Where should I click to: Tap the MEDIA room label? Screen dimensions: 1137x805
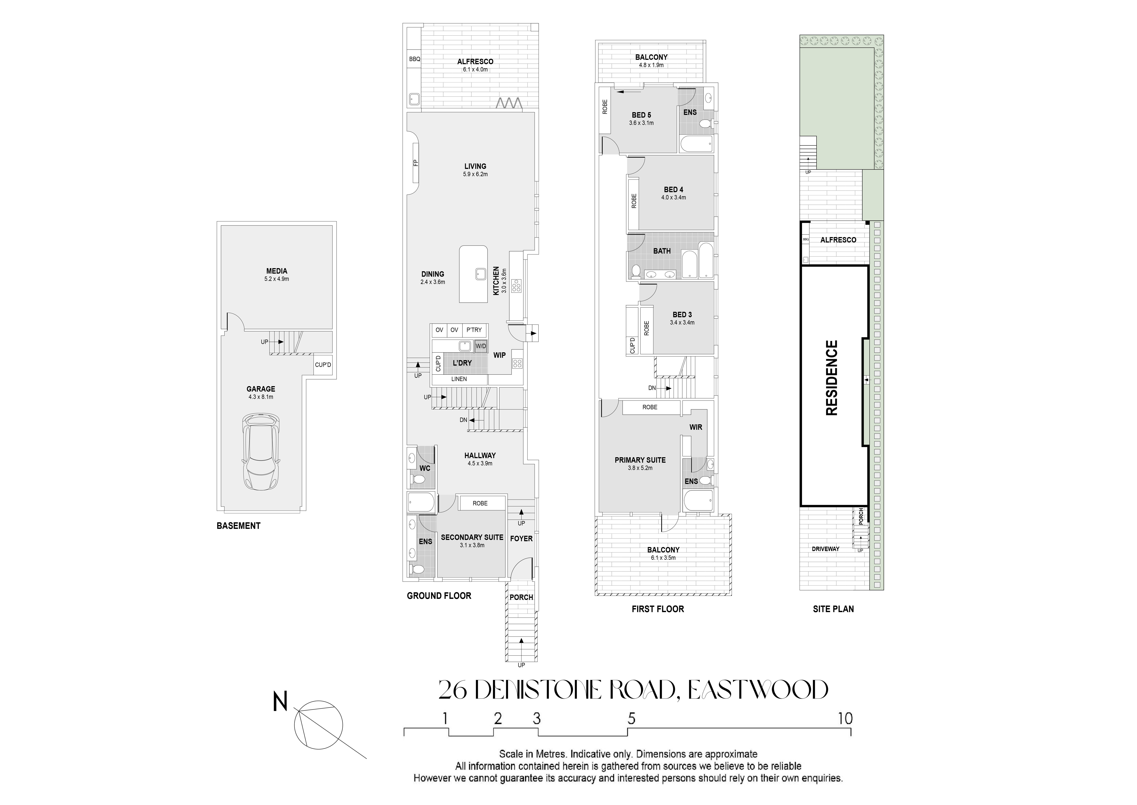pyautogui.click(x=277, y=271)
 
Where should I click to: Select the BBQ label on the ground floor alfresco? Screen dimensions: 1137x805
pyautogui.click(x=415, y=59)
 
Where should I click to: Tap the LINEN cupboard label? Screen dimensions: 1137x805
pyautogui.click(x=459, y=379)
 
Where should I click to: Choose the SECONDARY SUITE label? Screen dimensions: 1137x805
pyautogui.click(x=472, y=537)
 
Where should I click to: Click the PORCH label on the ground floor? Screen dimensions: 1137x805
pyautogui.click(x=521, y=597)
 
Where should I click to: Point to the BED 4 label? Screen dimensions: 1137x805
pyautogui.click(x=673, y=190)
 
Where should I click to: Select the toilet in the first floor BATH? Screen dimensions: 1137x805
pyautogui.click(x=636, y=271)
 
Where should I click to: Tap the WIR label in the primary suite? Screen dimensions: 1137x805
pyautogui.click(x=696, y=427)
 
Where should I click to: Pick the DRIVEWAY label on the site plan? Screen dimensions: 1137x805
pyautogui.click(x=825, y=549)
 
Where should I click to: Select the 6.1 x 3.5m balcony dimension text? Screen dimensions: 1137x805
pyautogui.click(x=663, y=558)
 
